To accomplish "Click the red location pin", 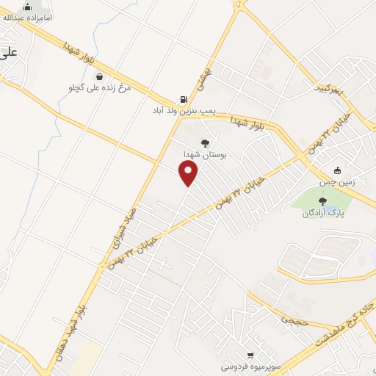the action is click(x=189, y=173).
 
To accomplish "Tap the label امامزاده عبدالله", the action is click(x=28, y=16).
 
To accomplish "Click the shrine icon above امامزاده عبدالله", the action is click(x=28, y=7).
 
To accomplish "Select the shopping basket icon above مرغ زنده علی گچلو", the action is click(x=99, y=76).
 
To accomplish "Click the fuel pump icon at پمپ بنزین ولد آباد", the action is click(x=182, y=100).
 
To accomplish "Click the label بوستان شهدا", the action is click(x=205, y=155).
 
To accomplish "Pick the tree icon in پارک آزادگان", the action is click(x=322, y=201).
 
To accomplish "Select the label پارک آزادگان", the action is click(x=322, y=213).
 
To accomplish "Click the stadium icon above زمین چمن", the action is click(x=337, y=171).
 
